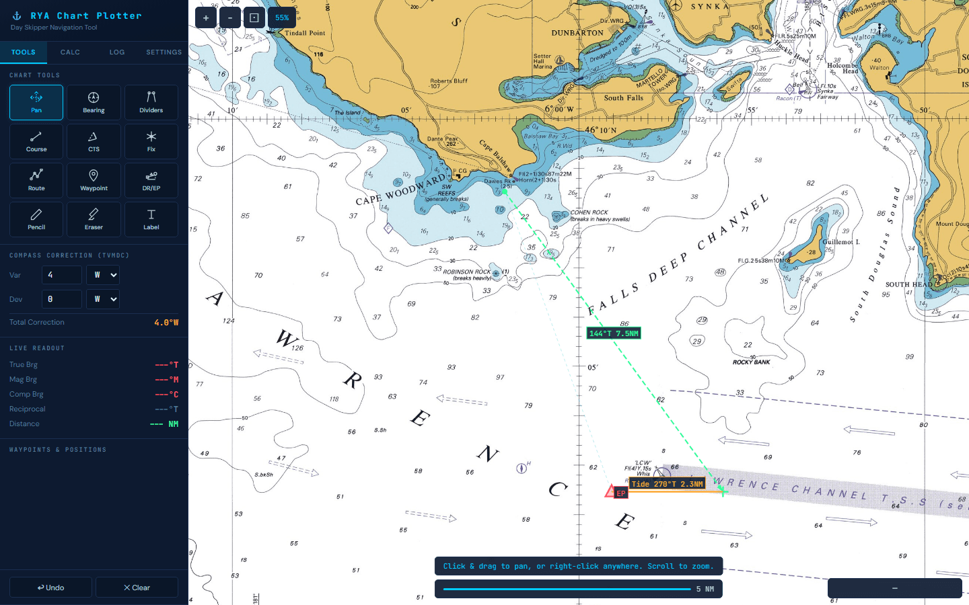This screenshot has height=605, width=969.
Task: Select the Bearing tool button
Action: coord(94,102)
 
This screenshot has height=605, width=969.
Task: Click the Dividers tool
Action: coord(151,102)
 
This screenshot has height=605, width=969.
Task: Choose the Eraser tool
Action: coord(94,219)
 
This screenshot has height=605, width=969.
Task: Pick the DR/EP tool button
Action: coord(151,180)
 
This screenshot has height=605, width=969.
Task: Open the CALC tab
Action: coord(70,52)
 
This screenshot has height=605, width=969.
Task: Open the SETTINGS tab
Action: coord(164,52)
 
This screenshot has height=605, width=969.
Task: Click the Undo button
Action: coord(50,588)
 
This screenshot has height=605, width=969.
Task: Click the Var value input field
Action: coord(62,275)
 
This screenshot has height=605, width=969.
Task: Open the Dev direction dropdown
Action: coord(103,299)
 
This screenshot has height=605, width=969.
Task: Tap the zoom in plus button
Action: coord(206,17)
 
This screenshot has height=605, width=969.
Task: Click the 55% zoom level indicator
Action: coord(282,17)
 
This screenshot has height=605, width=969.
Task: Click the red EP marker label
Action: coord(620,493)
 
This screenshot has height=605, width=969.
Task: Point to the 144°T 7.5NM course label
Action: coord(614,333)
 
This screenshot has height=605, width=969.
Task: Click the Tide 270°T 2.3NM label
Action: coord(667,484)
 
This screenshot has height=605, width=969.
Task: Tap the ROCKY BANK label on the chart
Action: coord(751,362)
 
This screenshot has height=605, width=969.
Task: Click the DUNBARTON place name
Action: coord(577,33)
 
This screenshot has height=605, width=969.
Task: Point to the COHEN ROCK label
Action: coord(589,212)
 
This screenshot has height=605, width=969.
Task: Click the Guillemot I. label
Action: coord(841,242)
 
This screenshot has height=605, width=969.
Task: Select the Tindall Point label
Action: coord(305,33)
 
